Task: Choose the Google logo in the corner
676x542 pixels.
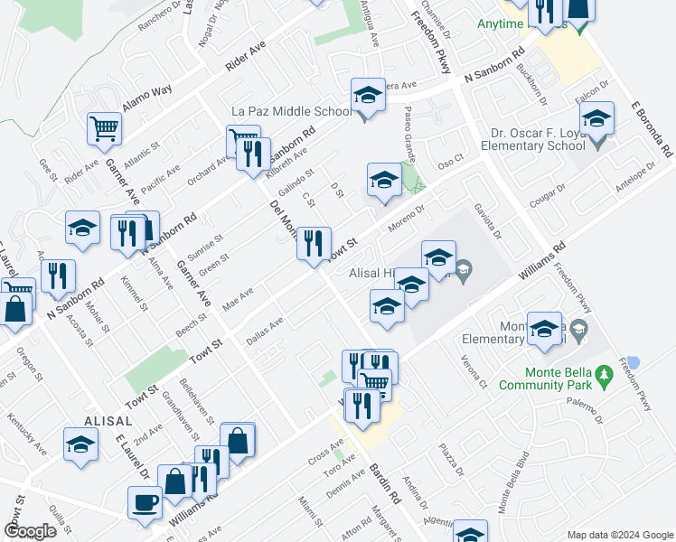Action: click(x=30, y=531)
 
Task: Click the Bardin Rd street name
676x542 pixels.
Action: click(x=385, y=484)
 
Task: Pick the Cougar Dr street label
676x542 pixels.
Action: click(x=547, y=198)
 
